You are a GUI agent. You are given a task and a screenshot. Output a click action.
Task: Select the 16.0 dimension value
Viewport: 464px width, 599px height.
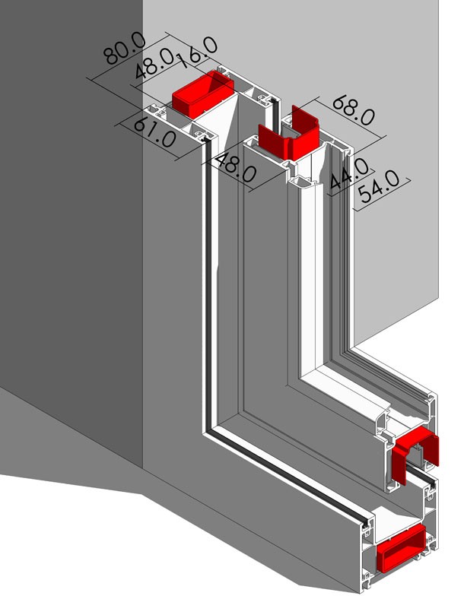(197, 52)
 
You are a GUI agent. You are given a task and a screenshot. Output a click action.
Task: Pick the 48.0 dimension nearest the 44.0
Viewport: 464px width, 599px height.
(236, 168)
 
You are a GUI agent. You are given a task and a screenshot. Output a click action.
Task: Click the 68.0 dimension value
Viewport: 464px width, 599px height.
(354, 110)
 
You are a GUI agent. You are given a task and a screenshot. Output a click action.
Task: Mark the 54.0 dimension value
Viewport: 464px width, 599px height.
(379, 186)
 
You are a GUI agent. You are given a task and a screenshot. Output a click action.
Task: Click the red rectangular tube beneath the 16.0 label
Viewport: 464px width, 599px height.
(202, 94)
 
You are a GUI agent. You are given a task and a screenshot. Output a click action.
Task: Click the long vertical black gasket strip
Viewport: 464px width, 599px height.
(208, 287)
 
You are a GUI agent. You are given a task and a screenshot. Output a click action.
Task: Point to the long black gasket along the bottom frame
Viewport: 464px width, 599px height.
(288, 478)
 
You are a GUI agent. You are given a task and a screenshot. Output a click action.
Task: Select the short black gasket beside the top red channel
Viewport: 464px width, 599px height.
(274, 114)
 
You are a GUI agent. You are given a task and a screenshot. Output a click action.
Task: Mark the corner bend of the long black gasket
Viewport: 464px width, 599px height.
(208, 433)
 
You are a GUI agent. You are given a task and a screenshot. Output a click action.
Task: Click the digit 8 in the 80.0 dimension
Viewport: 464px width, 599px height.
(111, 55)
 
